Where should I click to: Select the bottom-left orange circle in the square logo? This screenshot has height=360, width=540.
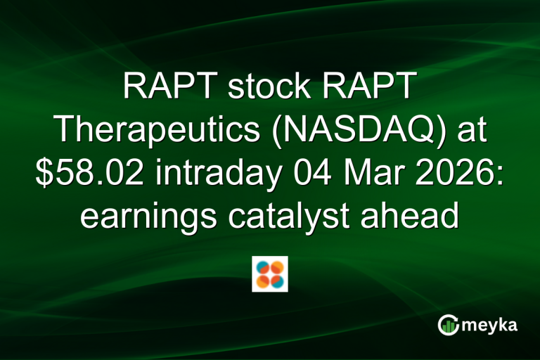264,281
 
